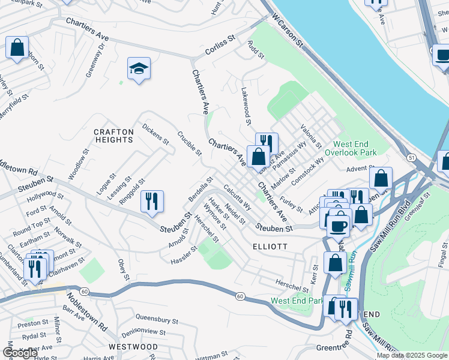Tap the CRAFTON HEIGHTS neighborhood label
[113, 136]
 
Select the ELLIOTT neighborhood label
[270, 246]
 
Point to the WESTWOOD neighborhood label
[133, 347]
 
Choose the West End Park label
[297, 301]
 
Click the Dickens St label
[155, 134]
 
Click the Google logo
[20, 353]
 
